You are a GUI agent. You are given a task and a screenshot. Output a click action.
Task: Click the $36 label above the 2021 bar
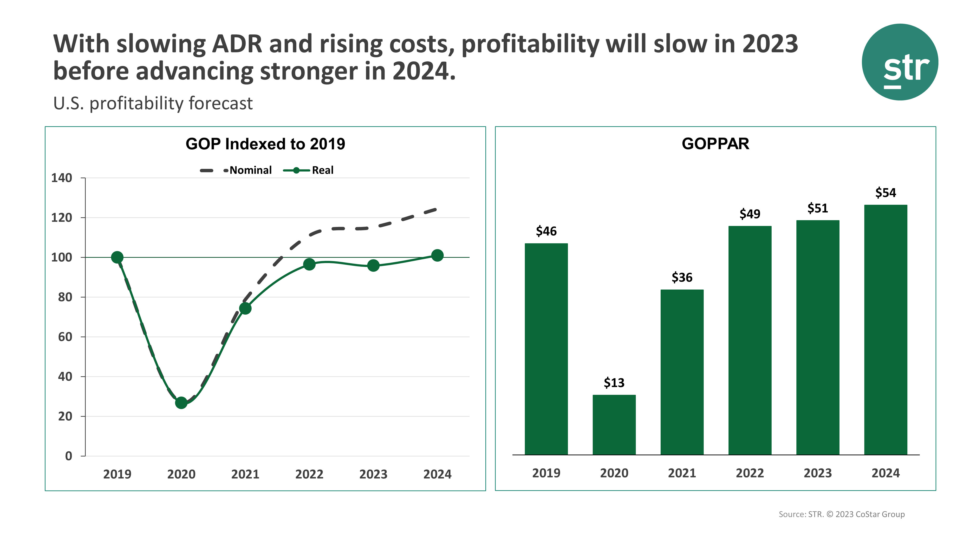682,278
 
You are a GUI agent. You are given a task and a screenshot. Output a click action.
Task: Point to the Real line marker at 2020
181,403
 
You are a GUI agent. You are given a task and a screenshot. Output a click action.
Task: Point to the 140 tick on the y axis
62,178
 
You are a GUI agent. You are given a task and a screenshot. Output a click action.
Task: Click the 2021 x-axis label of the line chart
245,474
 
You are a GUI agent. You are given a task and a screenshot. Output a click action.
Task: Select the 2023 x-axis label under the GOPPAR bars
818,473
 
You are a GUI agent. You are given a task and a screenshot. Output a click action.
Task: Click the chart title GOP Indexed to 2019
265,144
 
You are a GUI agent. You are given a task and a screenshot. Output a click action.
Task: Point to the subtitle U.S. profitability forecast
153,104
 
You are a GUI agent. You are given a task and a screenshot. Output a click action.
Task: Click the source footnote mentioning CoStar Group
841,514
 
